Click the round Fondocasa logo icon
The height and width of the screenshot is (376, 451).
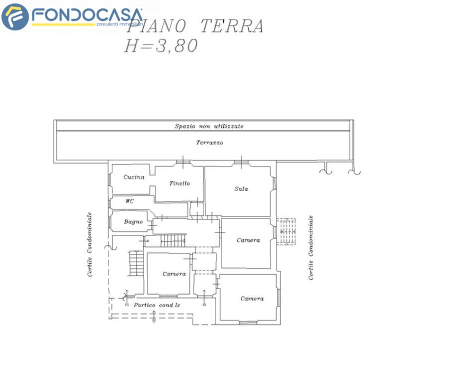[x=15, y=16]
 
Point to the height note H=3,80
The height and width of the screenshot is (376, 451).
[x=160, y=46]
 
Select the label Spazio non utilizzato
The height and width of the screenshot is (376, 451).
[x=209, y=126]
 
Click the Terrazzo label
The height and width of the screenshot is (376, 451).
[x=209, y=143]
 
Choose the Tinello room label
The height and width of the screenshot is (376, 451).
[x=179, y=184]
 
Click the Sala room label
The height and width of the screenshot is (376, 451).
[x=241, y=189]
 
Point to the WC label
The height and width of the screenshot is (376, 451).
[x=130, y=201]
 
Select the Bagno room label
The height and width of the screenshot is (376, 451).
[x=133, y=221]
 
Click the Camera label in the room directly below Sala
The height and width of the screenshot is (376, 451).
[x=248, y=240]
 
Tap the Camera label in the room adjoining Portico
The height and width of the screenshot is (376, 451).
[x=174, y=274]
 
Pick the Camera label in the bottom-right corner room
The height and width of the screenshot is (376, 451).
[x=252, y=299]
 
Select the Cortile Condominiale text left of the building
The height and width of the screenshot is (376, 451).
[x=90, y=244]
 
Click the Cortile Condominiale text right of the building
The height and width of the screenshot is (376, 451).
[x=311, y=247]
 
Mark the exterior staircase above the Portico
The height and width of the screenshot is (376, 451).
[x=136, y=263]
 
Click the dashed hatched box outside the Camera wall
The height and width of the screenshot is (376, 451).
[x=286, y=232]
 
